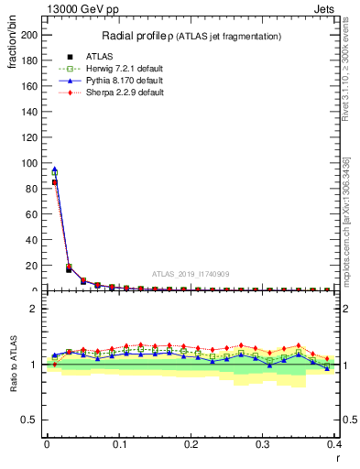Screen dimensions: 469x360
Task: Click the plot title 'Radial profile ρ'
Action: (136, 36)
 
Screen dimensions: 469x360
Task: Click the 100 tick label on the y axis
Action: (30, 163)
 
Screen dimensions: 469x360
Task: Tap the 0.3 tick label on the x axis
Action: (263, 444)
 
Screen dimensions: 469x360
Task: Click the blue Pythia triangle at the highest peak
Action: (54, 169)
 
